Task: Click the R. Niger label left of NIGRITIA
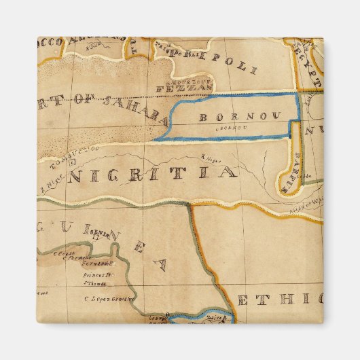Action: click(x=48, y=179)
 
